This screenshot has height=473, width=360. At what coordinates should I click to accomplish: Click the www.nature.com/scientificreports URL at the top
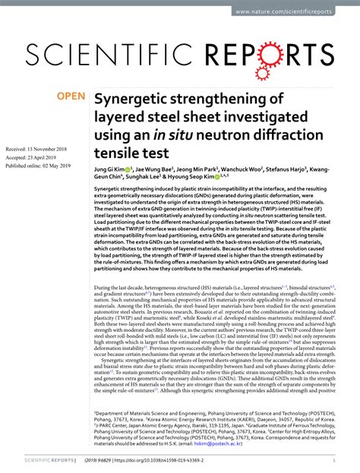(295, 12)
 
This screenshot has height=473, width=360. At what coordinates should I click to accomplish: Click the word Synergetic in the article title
(133, 99)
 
